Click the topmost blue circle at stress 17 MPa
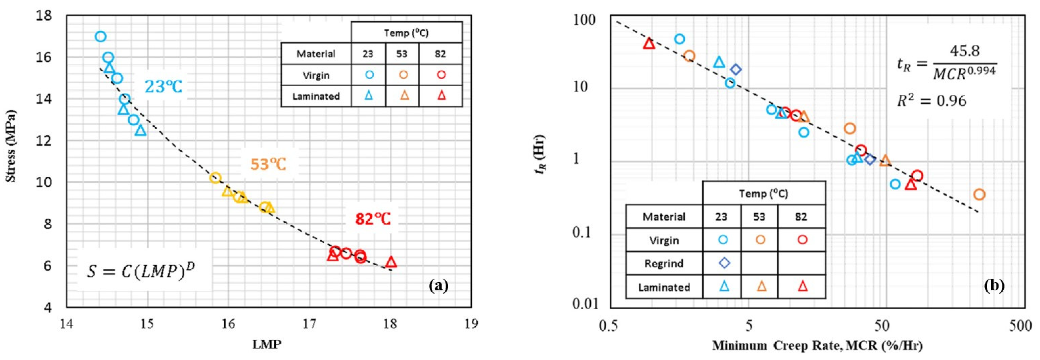tap(101, 37)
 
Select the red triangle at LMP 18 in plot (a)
tap(391, 262)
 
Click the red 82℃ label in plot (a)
tap(373, 219)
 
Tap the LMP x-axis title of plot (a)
tap(266, 344)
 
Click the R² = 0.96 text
tap(931, 100)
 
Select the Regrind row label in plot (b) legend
tap(664, 264)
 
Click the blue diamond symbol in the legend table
tap(724, 263)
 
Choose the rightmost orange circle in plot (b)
tap(979, 194)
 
